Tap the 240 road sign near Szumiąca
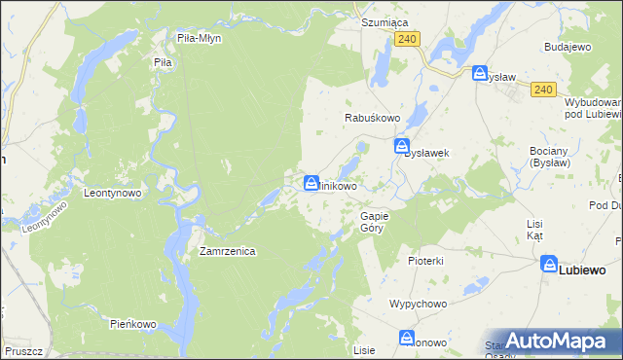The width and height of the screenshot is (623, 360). click(x=408, y=38)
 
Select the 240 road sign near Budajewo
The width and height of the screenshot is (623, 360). click(x=543, y=90)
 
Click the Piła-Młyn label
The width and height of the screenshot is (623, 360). click(x=200, y=38)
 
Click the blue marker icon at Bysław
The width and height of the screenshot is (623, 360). click(x=480, y=74)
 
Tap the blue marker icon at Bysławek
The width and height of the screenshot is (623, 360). click(x=402, y=147)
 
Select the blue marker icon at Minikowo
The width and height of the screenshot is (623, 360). click(x=311, y=182)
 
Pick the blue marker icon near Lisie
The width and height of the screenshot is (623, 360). click(x=407, y=338)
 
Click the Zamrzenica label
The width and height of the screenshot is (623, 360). click(x=227, y=251)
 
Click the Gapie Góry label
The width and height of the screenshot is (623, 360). click(x=375, y=221)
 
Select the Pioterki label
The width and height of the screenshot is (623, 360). click(x=426, y=261)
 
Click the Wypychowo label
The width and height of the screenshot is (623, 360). click(x=418, y=304)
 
